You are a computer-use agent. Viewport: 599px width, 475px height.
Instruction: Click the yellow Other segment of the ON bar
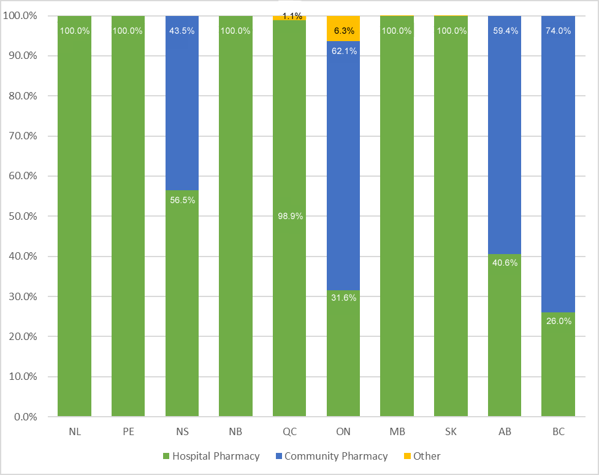(343, 28)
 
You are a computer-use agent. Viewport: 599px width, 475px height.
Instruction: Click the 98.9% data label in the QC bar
(289, 216)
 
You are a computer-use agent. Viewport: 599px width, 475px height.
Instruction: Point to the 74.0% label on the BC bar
(559, 31)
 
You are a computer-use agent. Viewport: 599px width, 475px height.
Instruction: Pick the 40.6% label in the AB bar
(505, 263)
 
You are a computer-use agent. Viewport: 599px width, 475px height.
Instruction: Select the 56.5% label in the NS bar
(182, 200)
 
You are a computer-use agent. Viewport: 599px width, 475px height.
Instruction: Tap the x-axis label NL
(75, 431)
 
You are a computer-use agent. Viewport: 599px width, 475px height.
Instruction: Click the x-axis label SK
(451, 431)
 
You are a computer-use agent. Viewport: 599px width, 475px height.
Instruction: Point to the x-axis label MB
(397, 431)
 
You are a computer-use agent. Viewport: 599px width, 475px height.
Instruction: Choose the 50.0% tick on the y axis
(21, 216)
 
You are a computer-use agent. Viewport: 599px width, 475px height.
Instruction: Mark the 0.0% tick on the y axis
(23, 417)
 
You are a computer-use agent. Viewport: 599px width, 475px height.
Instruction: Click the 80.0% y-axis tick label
(21, 96)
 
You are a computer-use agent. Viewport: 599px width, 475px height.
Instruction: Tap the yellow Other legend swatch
(407, 456)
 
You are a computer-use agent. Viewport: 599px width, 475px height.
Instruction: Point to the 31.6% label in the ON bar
(343, 298)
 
